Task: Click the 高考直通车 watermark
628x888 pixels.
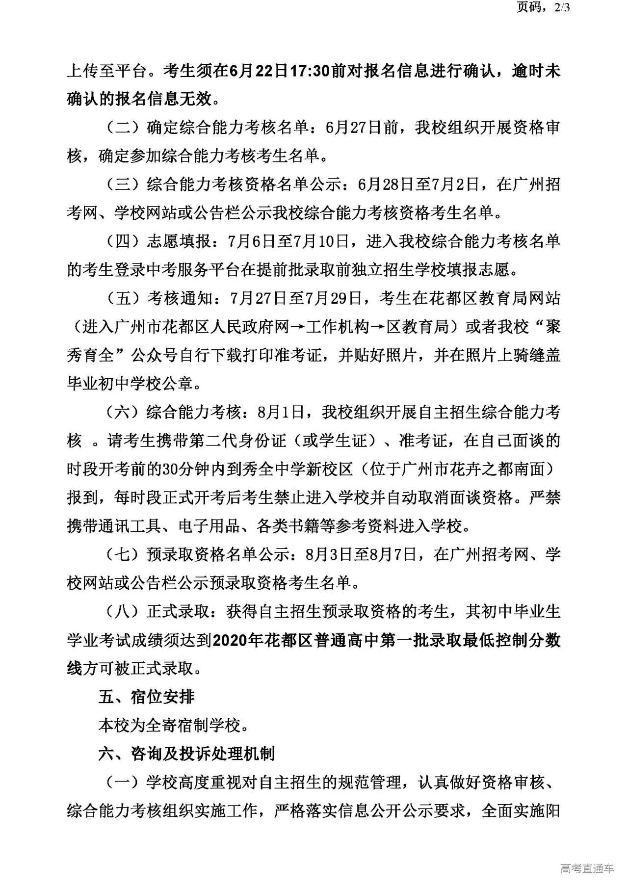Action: tap(586, 868)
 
